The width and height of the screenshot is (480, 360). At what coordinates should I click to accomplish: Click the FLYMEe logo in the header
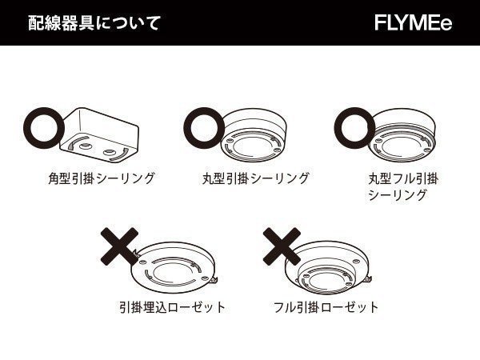pos(413,22)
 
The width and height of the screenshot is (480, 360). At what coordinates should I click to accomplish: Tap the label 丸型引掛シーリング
pos(255,178)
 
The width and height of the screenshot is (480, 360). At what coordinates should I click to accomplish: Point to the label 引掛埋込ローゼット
pos(171,307)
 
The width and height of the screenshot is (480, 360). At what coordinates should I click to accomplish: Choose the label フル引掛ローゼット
pos(326,307)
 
